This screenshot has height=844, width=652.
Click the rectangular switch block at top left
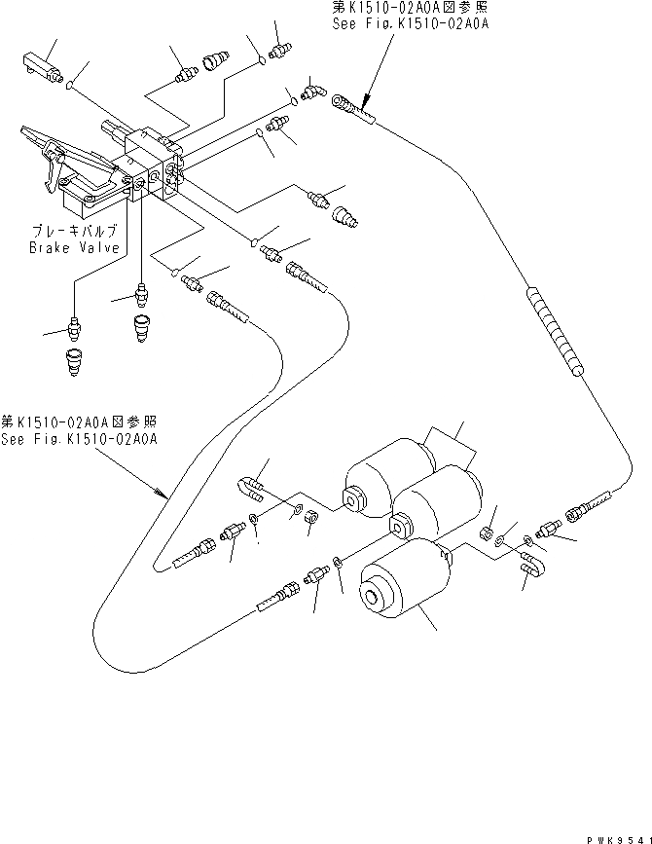(x=37, y=65)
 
